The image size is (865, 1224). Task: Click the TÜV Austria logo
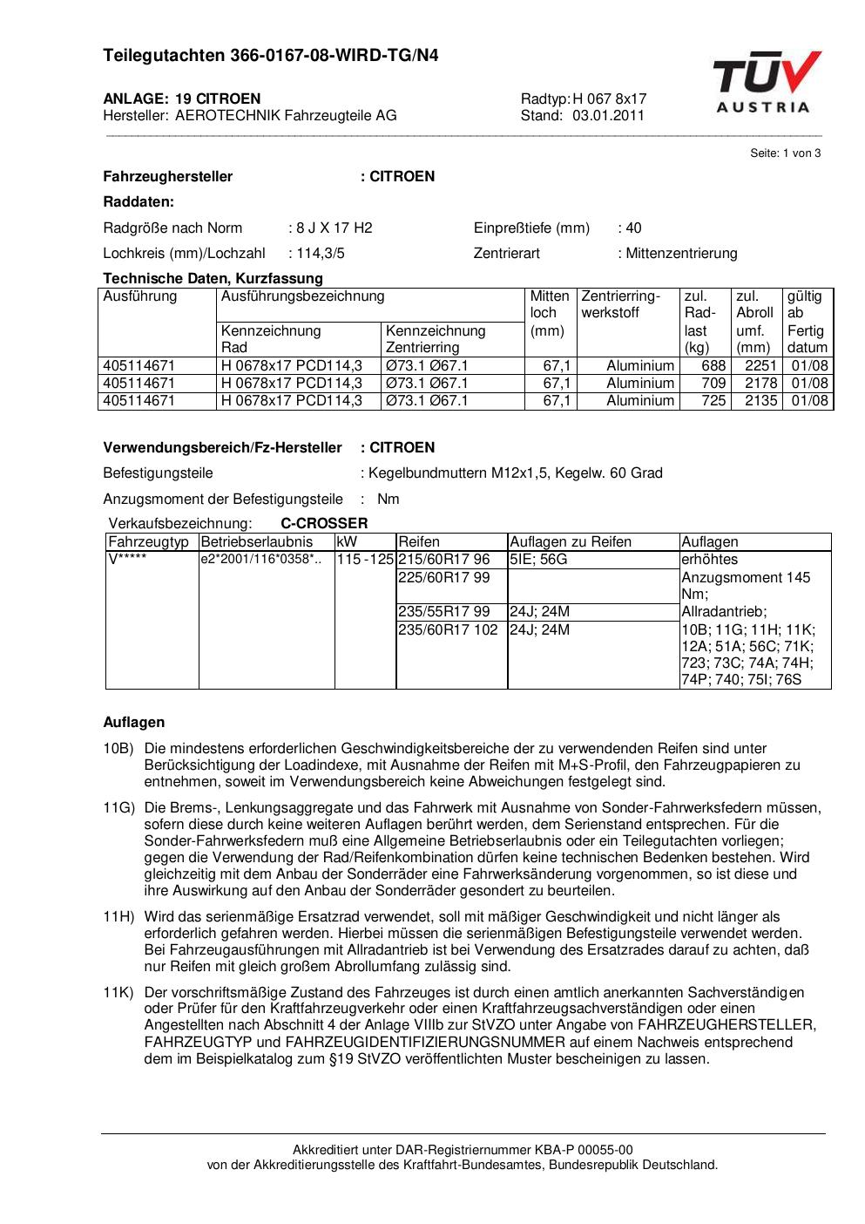(x=767, y=82)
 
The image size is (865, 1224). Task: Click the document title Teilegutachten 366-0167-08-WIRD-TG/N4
(x=271, y=56)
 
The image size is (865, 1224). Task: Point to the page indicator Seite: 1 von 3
(x=785, y=153)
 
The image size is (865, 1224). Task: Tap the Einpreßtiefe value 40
(x=633, y=228)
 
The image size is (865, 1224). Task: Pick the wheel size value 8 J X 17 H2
(x=334, y=228)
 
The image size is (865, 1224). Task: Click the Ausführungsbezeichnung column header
(x=302, y=296)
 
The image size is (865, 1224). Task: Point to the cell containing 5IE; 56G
(x=538, y=560)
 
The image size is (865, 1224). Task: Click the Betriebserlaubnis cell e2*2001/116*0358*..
(x=260, y=560)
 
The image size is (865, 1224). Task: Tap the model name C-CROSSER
(x=324, y=524)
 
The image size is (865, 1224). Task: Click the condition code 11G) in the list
(x=118, y=808)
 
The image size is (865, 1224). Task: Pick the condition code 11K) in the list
(x=118, y=993)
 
